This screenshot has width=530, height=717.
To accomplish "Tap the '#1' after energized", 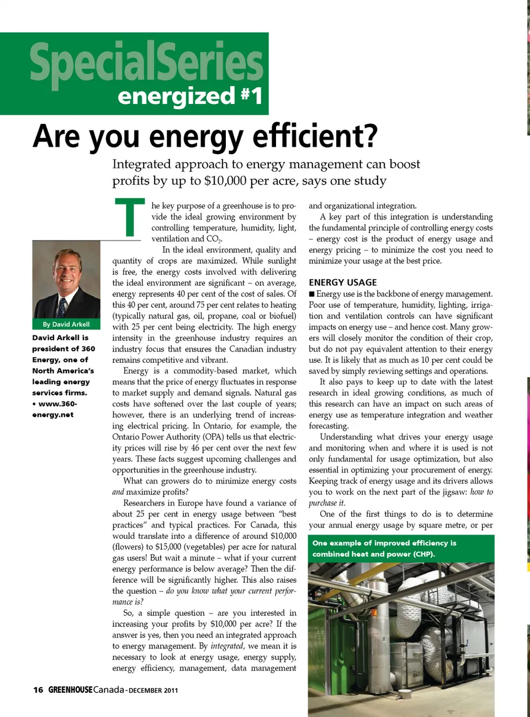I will pos(251,96).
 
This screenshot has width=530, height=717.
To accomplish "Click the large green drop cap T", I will pos(130,217).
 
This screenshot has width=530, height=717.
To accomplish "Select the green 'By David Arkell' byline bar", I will pos(66,325).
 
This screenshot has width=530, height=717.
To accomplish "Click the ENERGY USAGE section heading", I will pos(342,282).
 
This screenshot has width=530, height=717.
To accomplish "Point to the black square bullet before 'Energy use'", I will pos(312,294).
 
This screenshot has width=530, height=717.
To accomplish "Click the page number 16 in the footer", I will pos(38,690).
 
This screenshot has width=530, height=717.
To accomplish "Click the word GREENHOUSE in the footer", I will pos(70,690).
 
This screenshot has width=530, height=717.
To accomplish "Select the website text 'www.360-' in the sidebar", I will pos(57,404).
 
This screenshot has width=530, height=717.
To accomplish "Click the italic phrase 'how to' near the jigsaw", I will pos(481,492).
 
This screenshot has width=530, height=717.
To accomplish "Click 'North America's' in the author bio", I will pos(63,371).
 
